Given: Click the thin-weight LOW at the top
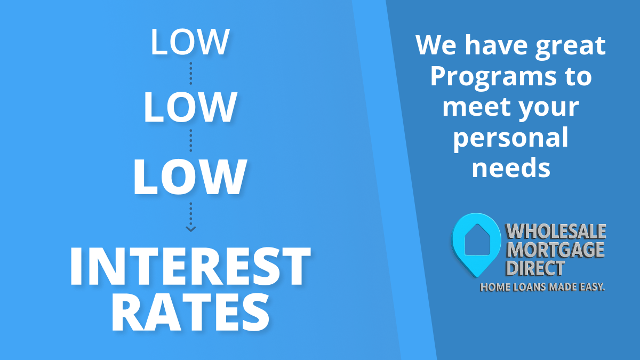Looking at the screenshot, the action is click(190, 42).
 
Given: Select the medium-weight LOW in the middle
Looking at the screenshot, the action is click(190, 107).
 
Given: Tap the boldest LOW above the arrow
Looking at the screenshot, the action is click(190, 177).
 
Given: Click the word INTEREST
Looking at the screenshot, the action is click(190, 266).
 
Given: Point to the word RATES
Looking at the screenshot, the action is click(190, 313).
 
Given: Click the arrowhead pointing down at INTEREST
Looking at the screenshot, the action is click(191, 229).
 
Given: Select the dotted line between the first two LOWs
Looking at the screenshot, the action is click(191, 74).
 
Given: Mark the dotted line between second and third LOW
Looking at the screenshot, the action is click(191, 141).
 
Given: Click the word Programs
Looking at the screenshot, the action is click(493, 78).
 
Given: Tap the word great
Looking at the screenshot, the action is click(571, 47).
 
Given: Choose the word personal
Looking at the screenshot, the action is click(511, 139).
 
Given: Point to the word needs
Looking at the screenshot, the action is click(511, 167).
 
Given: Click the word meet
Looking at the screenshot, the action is click(477, 107).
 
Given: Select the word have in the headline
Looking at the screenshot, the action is click(496, 45).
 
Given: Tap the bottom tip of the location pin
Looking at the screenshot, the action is click(476, 277).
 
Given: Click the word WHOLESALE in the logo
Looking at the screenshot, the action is click(556, 231).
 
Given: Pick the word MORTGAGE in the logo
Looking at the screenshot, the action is click(556, 250).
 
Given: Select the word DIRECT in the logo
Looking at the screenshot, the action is click(535, 268).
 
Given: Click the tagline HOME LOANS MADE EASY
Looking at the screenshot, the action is click(542, 287).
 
